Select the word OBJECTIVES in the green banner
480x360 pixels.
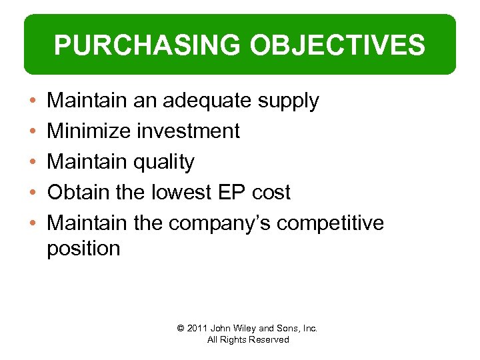coord(337,45)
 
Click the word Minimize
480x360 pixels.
coord(89,131)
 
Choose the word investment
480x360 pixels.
coord(188,131)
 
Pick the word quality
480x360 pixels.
coord(164,162)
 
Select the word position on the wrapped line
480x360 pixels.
coord(83,249)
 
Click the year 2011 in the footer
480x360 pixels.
coord(198,328)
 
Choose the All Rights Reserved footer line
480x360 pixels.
coord(248,340)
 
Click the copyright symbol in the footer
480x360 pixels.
coord(181,328)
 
